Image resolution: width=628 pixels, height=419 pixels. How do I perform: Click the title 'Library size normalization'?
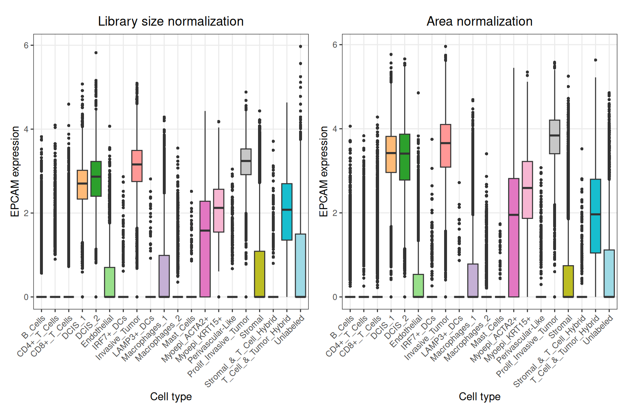coord(171,21)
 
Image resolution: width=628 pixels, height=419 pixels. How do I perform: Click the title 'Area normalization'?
coord(479,21)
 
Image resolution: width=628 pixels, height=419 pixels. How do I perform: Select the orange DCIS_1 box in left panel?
coord(82,185)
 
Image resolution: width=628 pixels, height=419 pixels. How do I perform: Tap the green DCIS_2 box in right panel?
coord(404,157)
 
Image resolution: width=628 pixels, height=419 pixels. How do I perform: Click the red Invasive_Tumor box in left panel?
coord(137,166)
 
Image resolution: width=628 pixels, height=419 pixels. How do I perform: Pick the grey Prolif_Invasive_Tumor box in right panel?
coord(555,137)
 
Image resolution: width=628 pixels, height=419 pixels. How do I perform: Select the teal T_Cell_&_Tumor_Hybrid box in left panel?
coord(287,212)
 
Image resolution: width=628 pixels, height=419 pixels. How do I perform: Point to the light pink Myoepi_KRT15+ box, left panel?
coord(219,211)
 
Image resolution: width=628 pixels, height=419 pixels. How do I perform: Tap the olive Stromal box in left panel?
coord(259,274)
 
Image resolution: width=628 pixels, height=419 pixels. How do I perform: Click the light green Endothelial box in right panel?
coord(418,286)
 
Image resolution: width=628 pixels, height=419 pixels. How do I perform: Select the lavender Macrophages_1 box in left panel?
coord(164,276)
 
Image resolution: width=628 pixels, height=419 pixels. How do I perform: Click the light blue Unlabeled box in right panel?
coord(609,273)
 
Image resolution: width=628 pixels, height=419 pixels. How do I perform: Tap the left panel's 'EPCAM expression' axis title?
coord(15,172)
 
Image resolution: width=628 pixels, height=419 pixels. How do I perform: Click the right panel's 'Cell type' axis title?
coord(479,396)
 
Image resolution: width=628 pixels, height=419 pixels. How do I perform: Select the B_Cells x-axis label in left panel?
coord(34,327)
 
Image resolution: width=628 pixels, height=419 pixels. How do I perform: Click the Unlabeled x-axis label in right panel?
coord(598,330)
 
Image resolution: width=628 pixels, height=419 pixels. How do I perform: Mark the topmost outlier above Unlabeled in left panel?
coord(301,47)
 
